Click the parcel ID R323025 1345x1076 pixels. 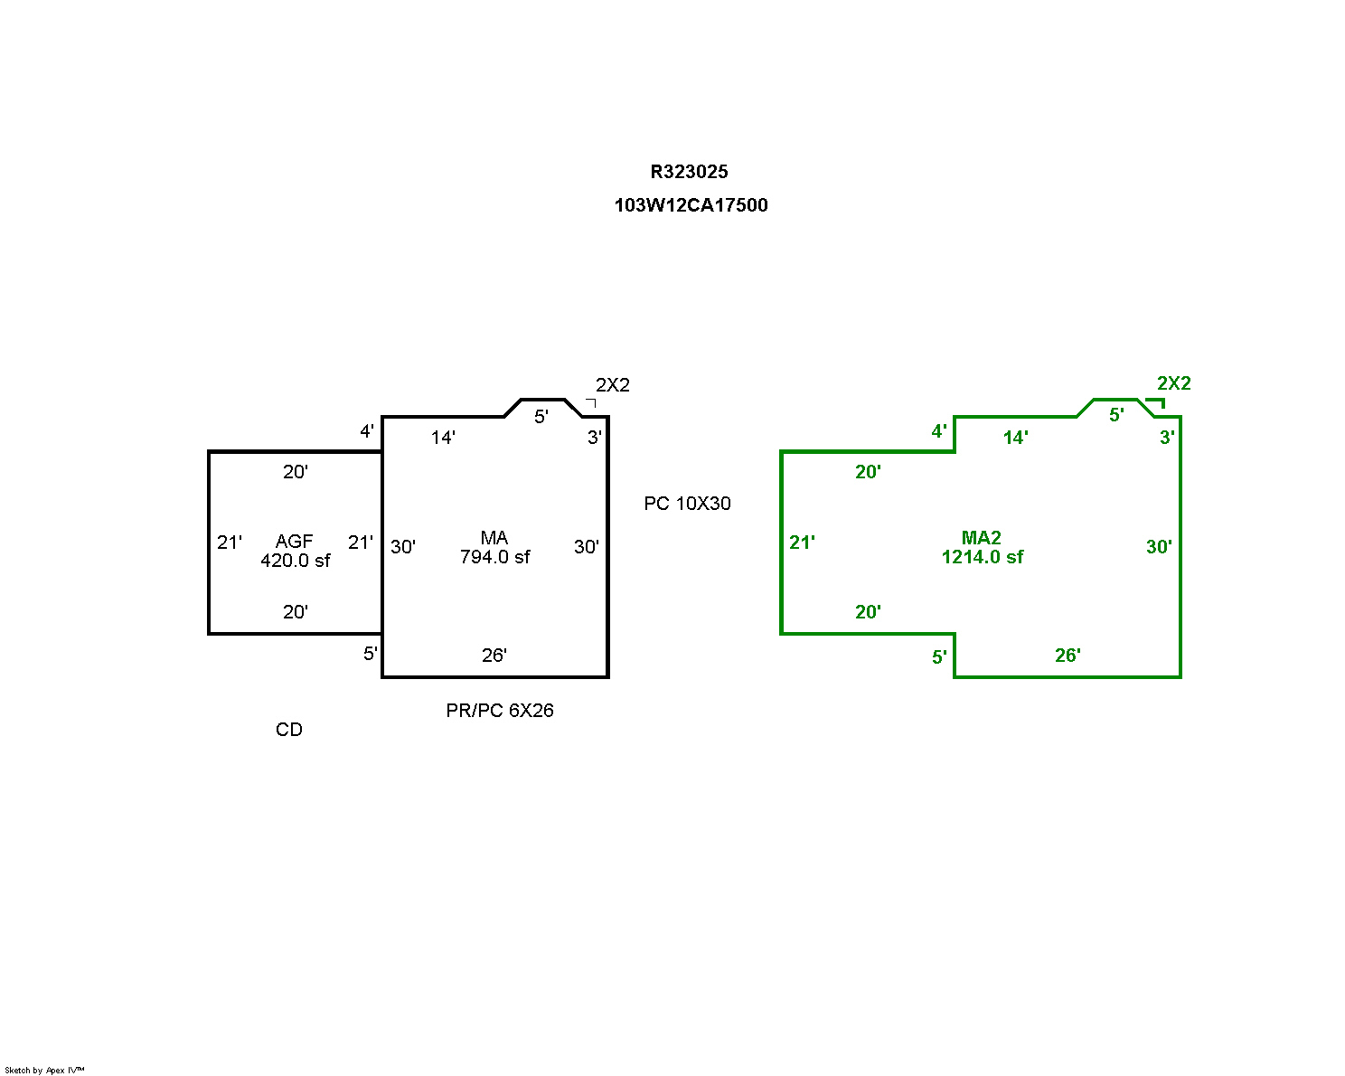pyautogui.click(x=689, y=172)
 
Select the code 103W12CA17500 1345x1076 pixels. pyautogui.click(x=691, y=205)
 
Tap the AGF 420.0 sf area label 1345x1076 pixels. pyautogui.click(x=295, y=551)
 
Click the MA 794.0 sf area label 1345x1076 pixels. pyautogui.click(x=494, y=547)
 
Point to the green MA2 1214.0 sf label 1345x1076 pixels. pyautogui.click(x=982, y=547)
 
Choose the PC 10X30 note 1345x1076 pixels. pyautogui.click(x=687, y=504)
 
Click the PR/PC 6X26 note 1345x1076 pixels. pyautogui.click(x=499, y=710)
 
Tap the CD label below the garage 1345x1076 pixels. pyautogui.click(x=288, y=730)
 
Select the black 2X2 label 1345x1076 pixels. pyautogui.click(x=612, y=385)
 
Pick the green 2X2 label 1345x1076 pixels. pyautogui.click(x=1173, y=383)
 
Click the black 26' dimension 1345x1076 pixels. pyautogui.click(x=494, y=656)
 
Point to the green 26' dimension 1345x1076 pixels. pyautogui.click(x=1068, y=656)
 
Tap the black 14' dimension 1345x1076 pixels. pyautogui.click(x=443, y=438)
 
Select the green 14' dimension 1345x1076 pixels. pyautogui.click(x=1015, y=438)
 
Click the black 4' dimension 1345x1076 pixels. pyautogui.click(x=366, y=431)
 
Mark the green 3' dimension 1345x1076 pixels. pyautogui.click(x=1166, y=438)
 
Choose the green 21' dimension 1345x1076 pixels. pyautogui.click(x=802, y=542)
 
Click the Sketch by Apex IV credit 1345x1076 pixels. pyautogui.click(x=44, y=1070)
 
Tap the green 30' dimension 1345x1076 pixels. pyautogui.click(x=1159, y=547)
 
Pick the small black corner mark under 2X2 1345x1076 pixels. pyautogui.click(x=591, y=402)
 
